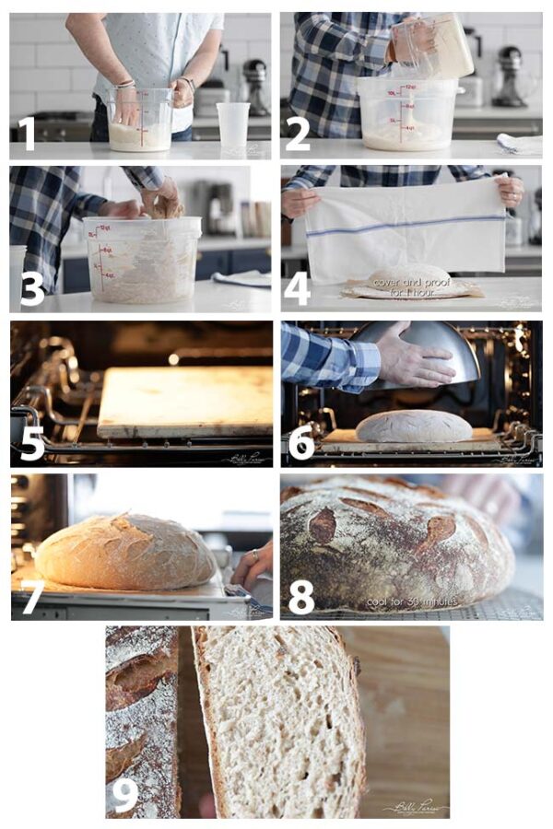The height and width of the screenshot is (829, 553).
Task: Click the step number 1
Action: [x=28, y=134]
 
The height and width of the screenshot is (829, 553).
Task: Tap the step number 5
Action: [x=31, y=444]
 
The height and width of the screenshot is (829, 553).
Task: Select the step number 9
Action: [x=124, y=794]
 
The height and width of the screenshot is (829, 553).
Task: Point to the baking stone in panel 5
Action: [x=184, y=401]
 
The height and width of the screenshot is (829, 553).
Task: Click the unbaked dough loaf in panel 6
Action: [x=413, y=426]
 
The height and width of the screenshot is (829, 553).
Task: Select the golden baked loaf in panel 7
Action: [x=124, y=553]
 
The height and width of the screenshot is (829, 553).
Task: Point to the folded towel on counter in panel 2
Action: [x=519, y=143]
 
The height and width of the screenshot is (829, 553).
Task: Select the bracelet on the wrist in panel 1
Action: [x=124, y=85]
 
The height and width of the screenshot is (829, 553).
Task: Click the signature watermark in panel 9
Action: [x=414, y=807]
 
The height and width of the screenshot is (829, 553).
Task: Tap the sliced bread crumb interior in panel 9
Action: [x=276, y=718]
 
